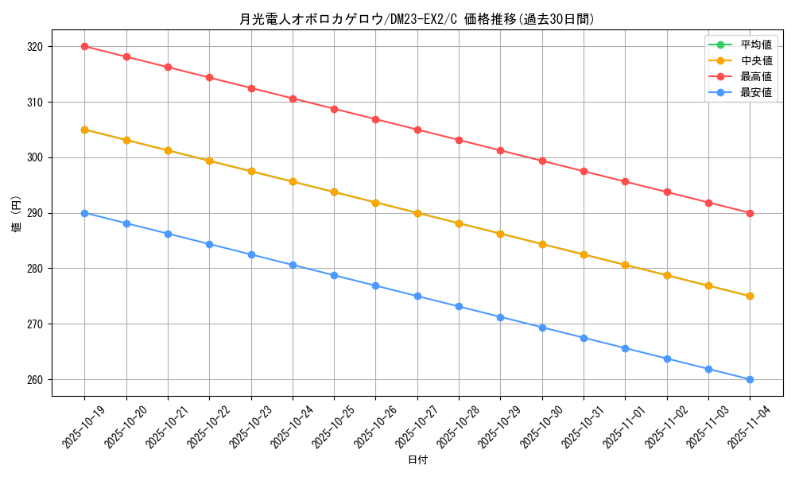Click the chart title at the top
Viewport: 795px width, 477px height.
(417, 19)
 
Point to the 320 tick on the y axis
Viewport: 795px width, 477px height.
(35, 47)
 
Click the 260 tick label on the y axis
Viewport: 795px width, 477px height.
(35, 380)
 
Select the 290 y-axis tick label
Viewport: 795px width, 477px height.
(35, 214)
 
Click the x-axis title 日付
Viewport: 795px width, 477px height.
(417, 460)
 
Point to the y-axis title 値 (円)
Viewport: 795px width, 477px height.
(17, 214)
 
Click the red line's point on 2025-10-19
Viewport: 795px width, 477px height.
(84, 46)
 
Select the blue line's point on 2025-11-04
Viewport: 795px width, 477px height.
(750, 379)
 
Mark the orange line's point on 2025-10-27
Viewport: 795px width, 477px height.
(417, 213)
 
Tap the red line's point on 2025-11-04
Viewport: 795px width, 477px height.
(750, 213)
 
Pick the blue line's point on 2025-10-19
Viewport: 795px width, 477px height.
(84, 213)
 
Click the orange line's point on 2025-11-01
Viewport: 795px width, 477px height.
(625, 265)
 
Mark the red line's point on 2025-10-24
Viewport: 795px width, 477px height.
(293, 99)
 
